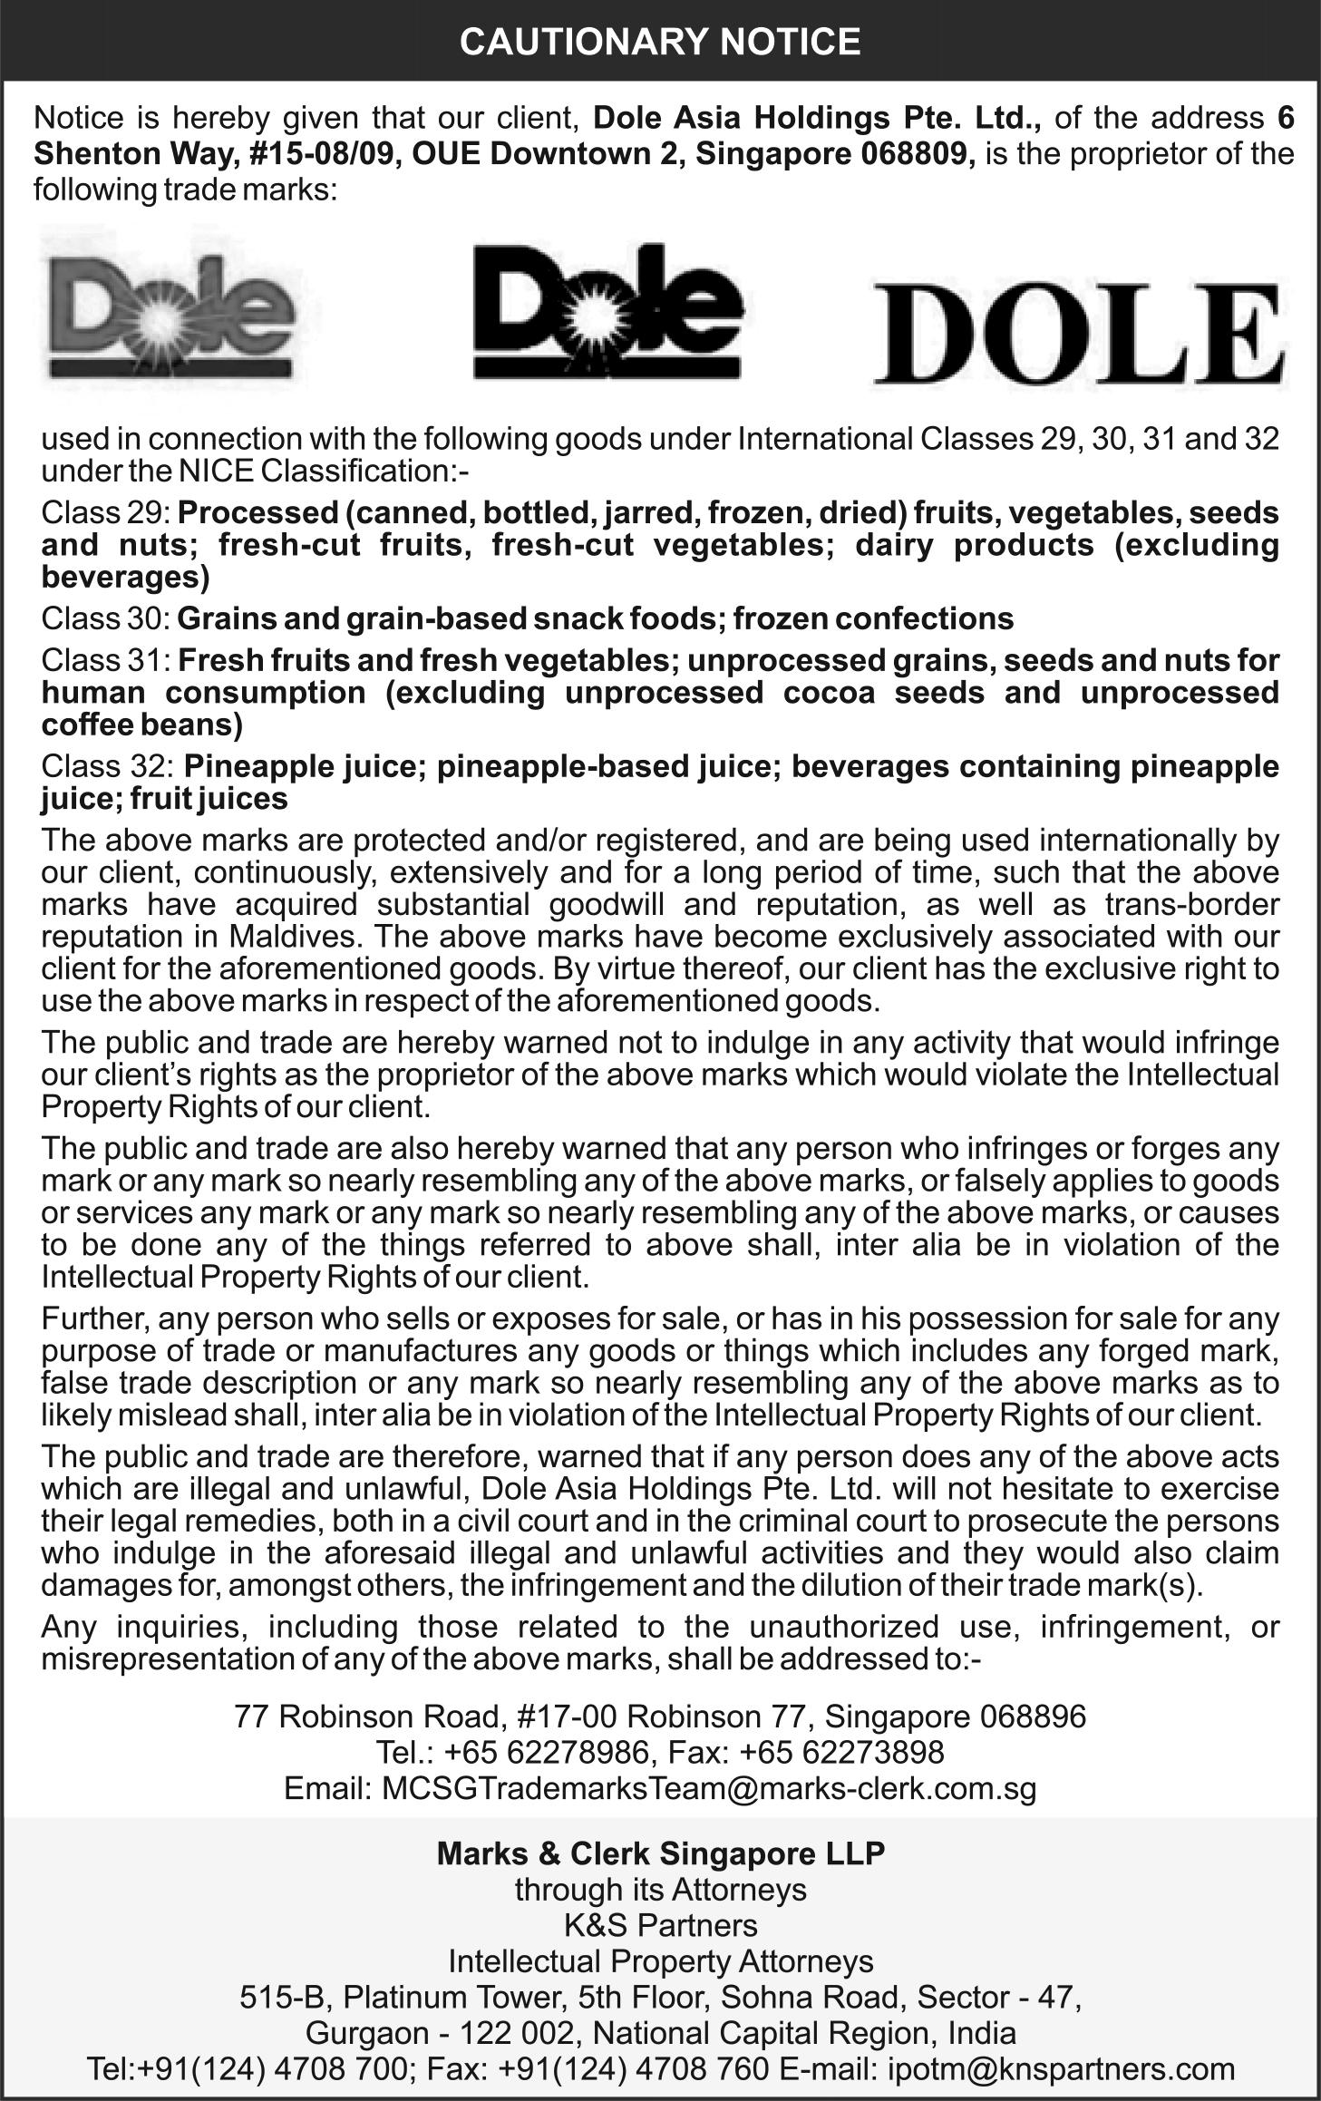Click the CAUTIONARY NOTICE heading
660,42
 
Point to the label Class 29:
105,512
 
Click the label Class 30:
105,618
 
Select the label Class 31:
105,660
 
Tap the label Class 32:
108,766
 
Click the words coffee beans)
142,725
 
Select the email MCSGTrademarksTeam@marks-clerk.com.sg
709,1788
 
